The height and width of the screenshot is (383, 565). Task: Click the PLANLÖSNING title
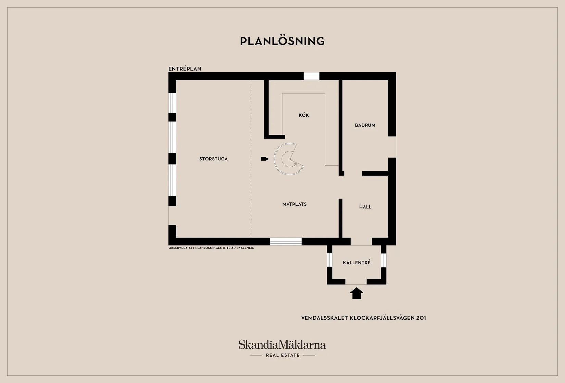[x=282, y=41]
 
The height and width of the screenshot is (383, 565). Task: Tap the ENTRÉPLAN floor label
[x=185, y=69]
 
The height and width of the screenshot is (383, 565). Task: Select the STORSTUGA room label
[x=213, y=159]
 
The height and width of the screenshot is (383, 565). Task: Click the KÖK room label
[x=304, y=115]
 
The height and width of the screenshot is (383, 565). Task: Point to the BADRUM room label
[x=365, y=125]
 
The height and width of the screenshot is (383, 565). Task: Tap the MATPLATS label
[x=294, y=204]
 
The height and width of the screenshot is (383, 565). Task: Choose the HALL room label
[x=365, y=207]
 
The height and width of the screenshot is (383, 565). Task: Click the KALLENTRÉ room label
[x=356, y=263]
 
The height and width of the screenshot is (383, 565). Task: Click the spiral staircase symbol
[x=289, y=159]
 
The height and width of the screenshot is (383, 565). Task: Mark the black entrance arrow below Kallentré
[x=356, y=293]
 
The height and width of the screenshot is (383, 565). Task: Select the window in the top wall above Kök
[x=311, y=76]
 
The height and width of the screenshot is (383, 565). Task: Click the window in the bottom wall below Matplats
[x=286, y=242]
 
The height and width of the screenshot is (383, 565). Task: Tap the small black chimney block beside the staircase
[x=264, y=159]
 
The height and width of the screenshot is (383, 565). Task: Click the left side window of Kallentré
[x=329, y=260]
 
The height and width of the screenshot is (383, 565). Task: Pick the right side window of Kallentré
[x=384, y=260]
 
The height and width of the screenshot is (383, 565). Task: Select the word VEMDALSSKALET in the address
[x=324, y=318]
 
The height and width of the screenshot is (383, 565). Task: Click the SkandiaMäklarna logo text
[x=282, y=344]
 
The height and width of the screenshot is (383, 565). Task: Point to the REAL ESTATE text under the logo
[x=282, y=355]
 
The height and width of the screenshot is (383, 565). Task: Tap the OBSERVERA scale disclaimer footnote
[x=211, y=248]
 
